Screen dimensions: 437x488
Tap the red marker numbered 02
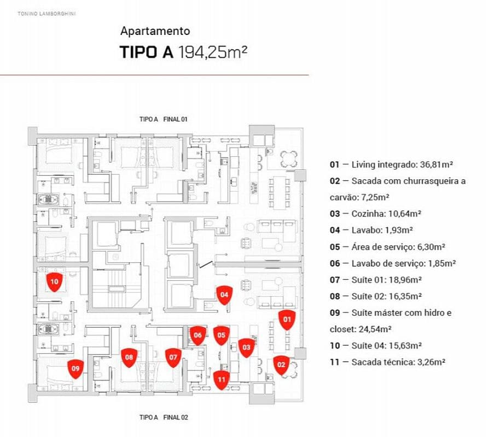tap(281, 364)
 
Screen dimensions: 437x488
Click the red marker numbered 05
tap(221, 335)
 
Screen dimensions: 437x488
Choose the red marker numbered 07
tap(173, 358)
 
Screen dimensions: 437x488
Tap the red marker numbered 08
tap(129, 358)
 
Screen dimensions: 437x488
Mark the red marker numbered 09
tap(76, 369)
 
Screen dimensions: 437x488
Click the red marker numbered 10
tap(54, 282)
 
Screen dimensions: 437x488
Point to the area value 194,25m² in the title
tap(213, 52)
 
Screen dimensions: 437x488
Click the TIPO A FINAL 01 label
tap(164, 119)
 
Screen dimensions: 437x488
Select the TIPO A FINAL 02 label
tap(164, 417)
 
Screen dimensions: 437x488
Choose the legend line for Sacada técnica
tap(383, 362)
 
